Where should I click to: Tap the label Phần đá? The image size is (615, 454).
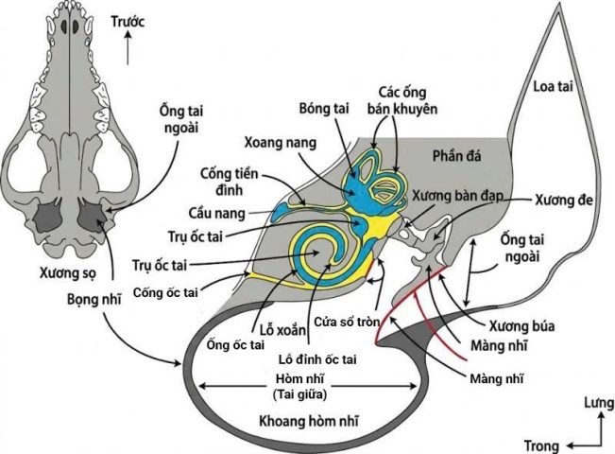click(457, 153)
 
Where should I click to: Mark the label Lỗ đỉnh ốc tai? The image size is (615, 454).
click(317, 358)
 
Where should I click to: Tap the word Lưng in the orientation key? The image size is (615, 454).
click(592, 404)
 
